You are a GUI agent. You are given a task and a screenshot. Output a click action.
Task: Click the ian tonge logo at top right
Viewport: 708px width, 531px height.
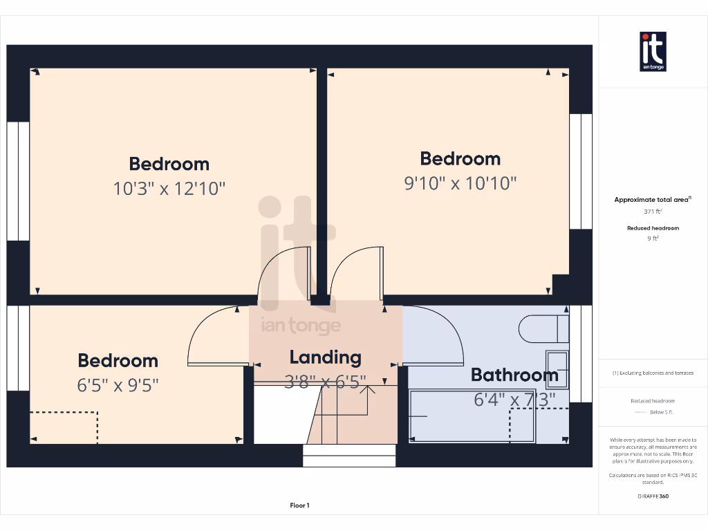653,52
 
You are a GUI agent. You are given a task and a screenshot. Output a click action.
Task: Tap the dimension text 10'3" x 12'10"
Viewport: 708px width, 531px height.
169,188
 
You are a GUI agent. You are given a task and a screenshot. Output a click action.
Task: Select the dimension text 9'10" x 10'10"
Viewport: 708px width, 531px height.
460,183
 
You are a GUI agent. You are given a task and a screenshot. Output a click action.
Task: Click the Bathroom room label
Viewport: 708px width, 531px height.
514,375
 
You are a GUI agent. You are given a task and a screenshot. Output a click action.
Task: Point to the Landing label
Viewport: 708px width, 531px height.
325,357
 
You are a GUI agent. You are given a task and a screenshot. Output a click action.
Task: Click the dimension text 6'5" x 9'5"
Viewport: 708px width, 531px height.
118,384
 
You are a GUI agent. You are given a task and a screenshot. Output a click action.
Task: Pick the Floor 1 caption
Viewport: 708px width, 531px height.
299,505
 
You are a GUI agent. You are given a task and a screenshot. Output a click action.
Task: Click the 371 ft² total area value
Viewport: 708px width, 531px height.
653,212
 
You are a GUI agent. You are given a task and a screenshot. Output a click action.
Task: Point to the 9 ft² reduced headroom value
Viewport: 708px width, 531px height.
653,238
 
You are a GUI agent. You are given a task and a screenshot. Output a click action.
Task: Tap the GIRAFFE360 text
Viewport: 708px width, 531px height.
653,496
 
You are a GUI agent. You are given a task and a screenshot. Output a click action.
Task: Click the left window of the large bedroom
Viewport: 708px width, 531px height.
19,181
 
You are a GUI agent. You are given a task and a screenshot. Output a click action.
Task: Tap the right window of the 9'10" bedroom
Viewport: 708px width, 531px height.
581,171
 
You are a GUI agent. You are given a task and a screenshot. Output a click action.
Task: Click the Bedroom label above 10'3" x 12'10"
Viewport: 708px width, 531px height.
169,164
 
